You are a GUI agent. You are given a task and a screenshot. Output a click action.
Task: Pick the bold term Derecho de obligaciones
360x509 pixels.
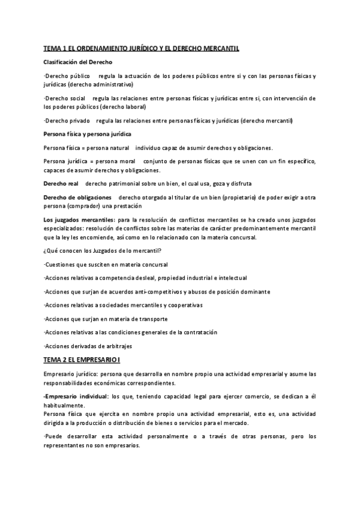click(78, 197)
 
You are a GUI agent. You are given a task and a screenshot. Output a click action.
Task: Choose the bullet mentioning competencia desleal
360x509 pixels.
click(145, 278)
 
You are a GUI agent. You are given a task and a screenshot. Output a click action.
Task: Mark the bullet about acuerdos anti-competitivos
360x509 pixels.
click(157, 292)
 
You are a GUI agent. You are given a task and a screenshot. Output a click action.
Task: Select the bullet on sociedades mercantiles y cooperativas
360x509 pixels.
click(123, 305)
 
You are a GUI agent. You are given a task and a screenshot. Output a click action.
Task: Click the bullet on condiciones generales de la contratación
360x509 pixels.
click(130, 333)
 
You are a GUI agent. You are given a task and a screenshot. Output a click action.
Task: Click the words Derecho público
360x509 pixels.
click(68, 76)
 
